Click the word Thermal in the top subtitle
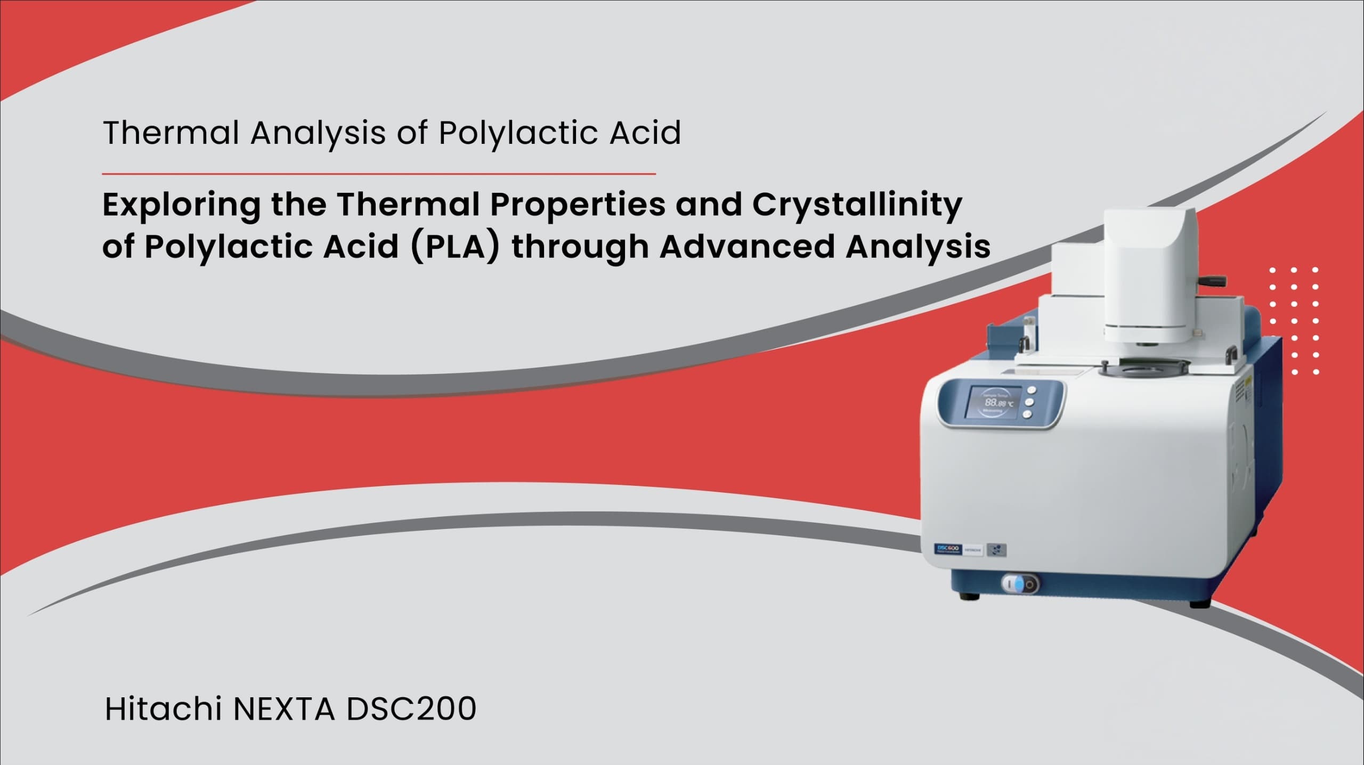coord(171,133)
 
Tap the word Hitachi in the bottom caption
coord(163,709)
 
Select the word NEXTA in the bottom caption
coord(284,710)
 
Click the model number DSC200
coord(411,710)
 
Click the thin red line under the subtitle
coord(379,174)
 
